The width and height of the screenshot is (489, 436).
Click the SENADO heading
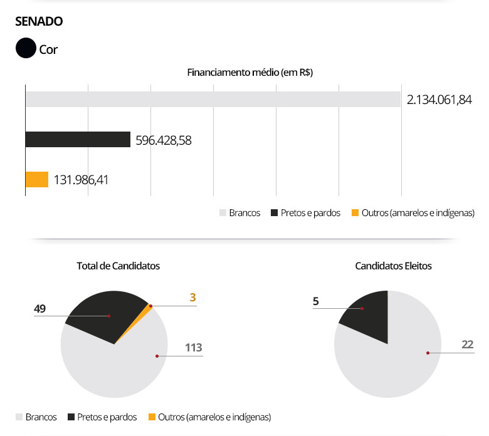tap(39, 21)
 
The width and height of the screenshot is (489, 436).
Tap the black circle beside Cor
tap(26, 48)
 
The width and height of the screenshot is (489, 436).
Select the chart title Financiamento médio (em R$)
tap(250, 72)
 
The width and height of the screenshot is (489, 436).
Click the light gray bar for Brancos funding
tap(213, 100)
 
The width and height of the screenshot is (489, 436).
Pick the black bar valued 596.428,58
tap(78, 140)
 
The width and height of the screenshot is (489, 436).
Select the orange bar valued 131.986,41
tap(37, 180)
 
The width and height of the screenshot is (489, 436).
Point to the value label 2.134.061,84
tap(439, 100)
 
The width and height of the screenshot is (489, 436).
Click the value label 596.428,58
tap(164, 140)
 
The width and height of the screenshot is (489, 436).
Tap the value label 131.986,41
tap(90, 180)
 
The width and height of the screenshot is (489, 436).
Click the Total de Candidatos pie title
tap(118, 266)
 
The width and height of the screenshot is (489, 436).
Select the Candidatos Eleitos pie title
tap(393, 266)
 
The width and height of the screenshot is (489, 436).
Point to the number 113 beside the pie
tap(193, 347)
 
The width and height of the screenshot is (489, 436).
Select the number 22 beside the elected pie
tap(467, 344)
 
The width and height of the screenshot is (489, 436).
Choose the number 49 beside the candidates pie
tap(40, 308)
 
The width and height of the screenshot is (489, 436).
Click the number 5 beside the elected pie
tap(316, 301)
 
